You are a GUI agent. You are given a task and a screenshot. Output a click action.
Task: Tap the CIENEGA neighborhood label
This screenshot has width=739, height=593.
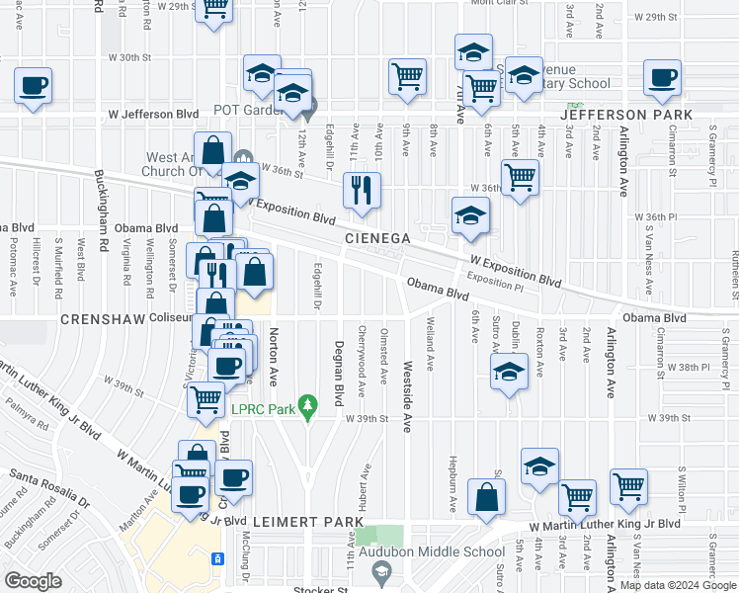click(376, 239)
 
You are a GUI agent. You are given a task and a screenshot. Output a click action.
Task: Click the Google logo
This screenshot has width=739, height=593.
click(33, 580)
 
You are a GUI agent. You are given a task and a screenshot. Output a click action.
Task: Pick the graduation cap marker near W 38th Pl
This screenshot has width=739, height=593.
click(509, 373)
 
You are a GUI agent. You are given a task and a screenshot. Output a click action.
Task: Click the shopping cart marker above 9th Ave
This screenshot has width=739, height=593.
click(407, 77)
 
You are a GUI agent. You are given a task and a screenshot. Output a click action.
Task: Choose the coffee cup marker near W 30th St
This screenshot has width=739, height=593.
click(33, 84)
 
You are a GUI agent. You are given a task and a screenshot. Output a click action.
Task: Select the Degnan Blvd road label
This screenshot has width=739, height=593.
click(338, 373)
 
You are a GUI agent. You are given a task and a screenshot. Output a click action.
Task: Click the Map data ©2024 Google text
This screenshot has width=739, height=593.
click(676, 585)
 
